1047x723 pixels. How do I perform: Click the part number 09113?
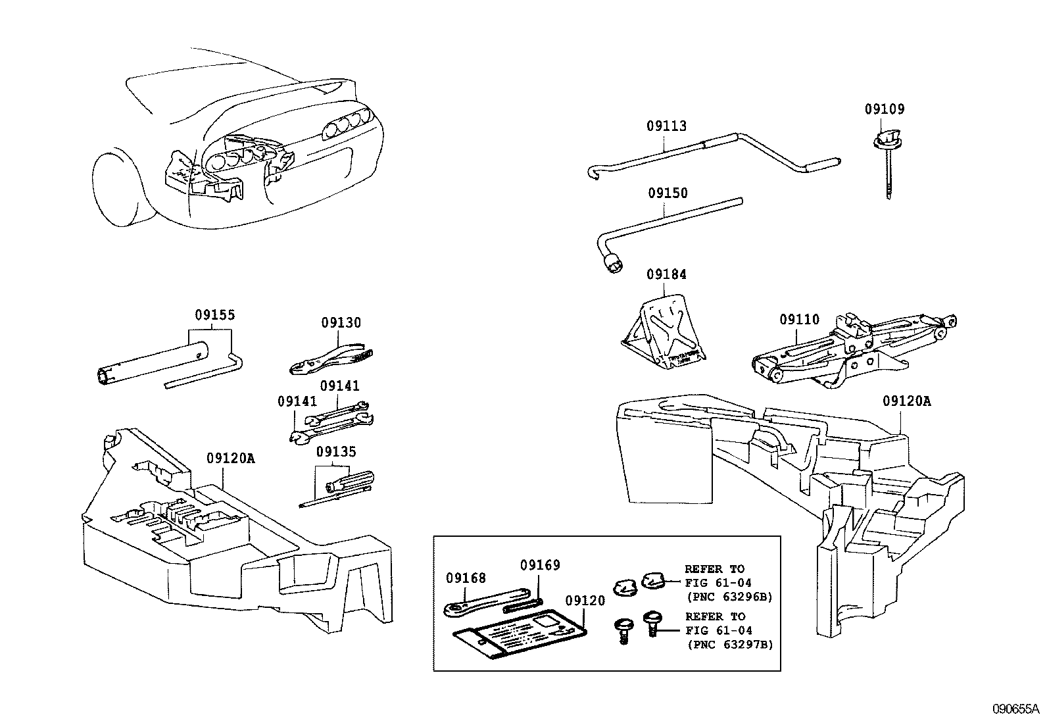click(x=666, y=126)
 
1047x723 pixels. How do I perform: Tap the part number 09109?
click(x=884, y=109)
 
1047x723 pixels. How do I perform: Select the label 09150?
click(x=668, y=193)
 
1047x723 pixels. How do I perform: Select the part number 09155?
click(x=214, y=315)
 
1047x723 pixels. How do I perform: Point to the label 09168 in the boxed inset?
click(x=466, y=578)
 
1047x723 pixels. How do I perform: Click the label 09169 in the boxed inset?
click(x=540, y=565)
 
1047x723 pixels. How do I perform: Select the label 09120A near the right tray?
click(x=906, y=401)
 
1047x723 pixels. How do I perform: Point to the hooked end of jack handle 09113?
click(x=590, y=173)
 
